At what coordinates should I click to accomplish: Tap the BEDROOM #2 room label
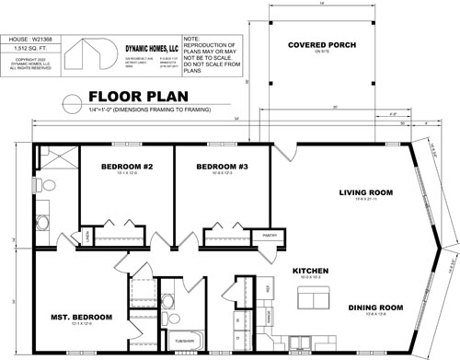pos(129,167)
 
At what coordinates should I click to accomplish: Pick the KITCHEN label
pos(310,271)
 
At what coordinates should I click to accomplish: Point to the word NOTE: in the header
pos(192,39)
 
